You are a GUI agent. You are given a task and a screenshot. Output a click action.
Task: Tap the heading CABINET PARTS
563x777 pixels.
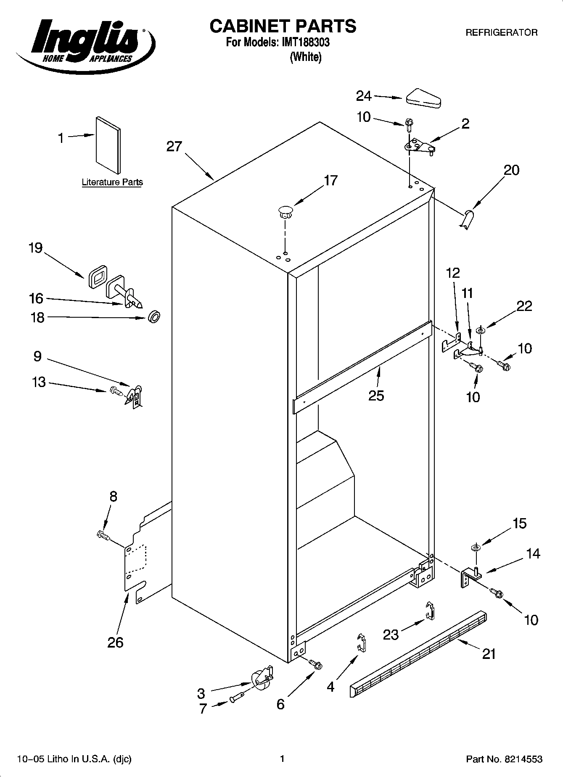(283, 26)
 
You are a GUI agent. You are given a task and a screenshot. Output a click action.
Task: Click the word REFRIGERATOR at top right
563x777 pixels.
(501, 32)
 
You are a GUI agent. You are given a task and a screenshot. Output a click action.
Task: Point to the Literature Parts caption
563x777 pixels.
(112, 182)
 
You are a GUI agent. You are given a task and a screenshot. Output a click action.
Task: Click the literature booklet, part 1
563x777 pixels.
(108, 145)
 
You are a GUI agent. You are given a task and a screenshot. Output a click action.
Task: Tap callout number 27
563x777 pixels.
(174, 147)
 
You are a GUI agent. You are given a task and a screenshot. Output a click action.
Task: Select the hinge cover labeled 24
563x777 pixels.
(423, 98)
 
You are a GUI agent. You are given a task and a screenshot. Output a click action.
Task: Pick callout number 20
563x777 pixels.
(511, 170)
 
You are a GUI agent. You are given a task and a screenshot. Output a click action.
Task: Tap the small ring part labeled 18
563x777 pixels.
(154, 317)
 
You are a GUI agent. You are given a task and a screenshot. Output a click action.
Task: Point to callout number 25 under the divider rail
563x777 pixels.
(376, 396)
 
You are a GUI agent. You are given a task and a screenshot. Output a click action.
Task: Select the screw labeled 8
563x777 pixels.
(103, 535)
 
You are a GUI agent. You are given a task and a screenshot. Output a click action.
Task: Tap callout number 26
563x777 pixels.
(115, 642)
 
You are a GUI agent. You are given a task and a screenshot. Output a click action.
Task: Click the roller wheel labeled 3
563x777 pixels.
(260, 678)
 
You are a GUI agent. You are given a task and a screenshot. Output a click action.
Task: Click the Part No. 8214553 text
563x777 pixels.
(504, 759)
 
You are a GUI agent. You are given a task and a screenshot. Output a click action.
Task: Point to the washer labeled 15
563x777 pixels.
(476, 548)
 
